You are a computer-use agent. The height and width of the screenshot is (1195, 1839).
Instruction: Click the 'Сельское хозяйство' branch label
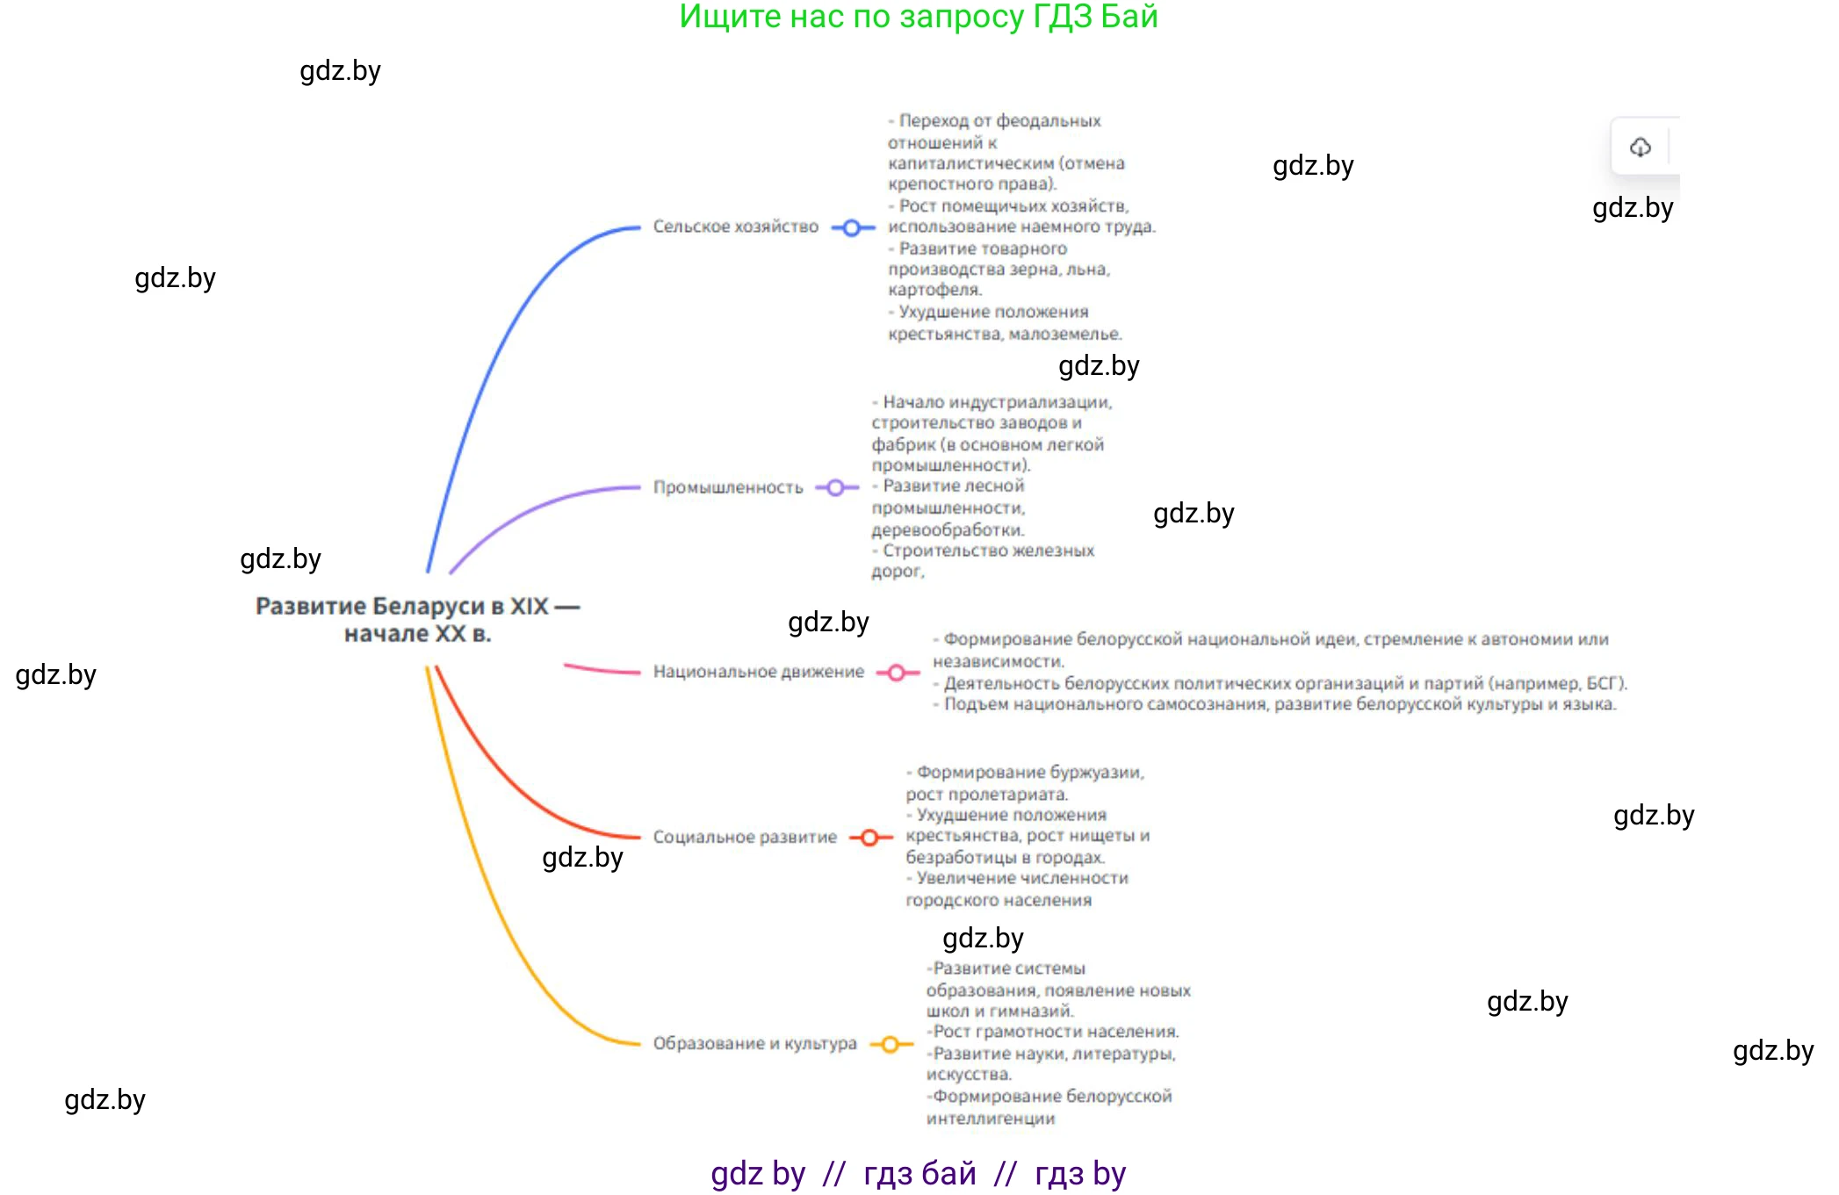(735, 227)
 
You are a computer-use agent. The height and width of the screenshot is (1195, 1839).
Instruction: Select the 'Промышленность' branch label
(728, 487)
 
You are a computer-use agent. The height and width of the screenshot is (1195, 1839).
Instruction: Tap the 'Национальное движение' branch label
(758, 672)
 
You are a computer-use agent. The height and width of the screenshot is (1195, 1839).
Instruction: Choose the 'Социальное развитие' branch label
(745, 837)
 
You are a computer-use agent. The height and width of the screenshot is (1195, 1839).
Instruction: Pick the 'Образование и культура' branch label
(754, 1043)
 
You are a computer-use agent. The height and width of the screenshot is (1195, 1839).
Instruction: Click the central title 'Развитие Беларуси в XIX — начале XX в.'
(418, 619)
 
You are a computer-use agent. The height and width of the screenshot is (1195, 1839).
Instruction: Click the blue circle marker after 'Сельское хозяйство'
(851, 228)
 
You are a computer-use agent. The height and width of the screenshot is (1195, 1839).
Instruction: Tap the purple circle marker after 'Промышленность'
(835, 487)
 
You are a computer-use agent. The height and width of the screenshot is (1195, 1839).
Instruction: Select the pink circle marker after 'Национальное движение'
(896, 673)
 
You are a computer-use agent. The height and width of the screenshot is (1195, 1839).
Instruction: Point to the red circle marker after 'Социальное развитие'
(869, 838)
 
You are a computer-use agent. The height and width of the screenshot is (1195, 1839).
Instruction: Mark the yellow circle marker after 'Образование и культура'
(890, 1044)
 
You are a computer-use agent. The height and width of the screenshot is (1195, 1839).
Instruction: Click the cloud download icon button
(1640, 147)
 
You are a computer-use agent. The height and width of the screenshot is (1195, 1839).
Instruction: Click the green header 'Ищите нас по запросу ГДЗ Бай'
(919, 17)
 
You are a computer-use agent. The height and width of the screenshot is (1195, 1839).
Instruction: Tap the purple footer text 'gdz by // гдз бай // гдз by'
(918, 1174)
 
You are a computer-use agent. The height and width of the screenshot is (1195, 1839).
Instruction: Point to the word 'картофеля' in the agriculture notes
(934, 290)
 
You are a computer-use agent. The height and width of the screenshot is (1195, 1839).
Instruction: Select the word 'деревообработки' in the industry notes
(947, 530)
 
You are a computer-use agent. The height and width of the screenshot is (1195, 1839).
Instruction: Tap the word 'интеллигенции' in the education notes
(991, 1119)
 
